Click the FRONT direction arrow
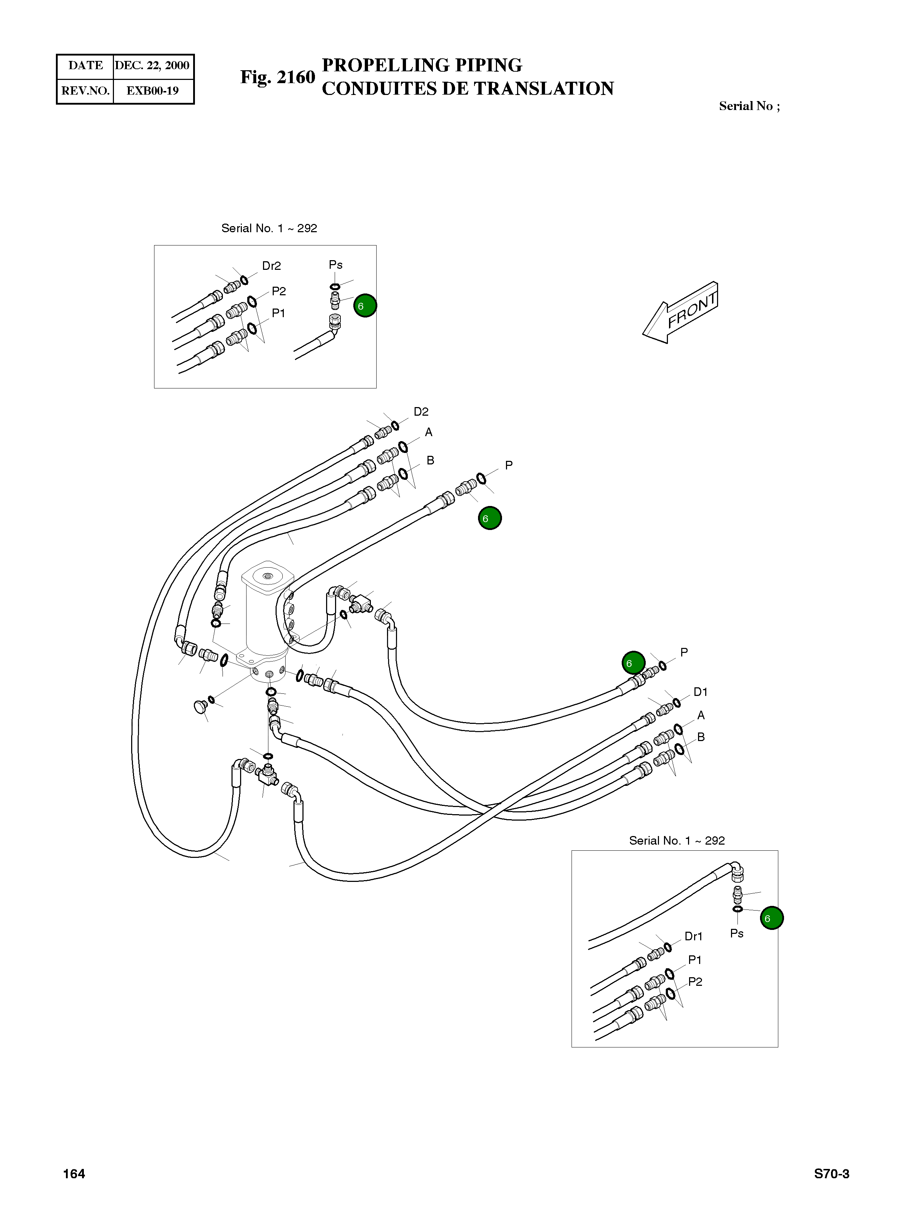680,313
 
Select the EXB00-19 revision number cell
153,91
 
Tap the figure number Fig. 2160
278,78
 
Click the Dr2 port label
271,266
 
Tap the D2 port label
421,412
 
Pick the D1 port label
700,692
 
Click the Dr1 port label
693,936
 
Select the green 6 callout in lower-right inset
771,918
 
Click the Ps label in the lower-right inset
736,933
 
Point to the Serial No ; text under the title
749,106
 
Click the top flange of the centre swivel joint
267,577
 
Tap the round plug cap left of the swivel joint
201,708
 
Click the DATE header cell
85,66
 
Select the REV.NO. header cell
85,91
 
